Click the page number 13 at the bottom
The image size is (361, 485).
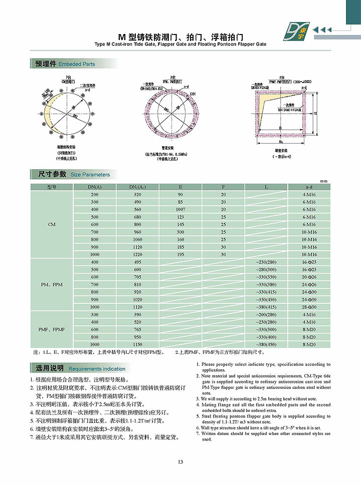click(180, 461)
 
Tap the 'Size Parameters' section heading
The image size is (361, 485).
click(90, 175)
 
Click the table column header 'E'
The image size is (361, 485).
click(180, 187)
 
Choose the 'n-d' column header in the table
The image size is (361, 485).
click(309, 187)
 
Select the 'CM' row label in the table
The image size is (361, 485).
click(52, 224)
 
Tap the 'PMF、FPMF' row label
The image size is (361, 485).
click(52, 330)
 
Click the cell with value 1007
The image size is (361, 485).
click(180, 209)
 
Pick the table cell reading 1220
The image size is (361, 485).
click(138, 254)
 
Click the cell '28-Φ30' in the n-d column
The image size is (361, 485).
click(309, 307)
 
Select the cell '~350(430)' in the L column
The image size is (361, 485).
click(266, 299)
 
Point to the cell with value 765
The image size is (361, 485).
click(138, 330)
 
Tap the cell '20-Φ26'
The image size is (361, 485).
click(309, 277)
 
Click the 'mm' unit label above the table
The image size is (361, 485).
click(323, 181)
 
